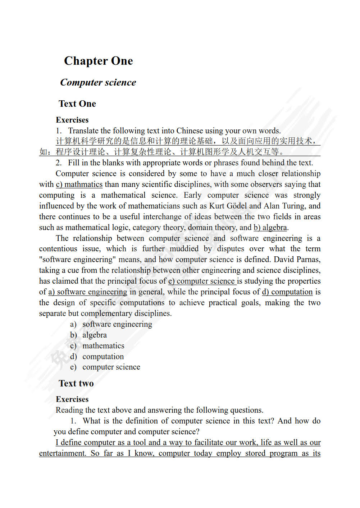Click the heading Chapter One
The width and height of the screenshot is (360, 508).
tap(98, 61)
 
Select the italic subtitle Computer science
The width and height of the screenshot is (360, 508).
tap(98, 82)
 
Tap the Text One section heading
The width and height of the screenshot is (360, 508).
tap(77, 104)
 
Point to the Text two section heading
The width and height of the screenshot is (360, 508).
tap(76, 383)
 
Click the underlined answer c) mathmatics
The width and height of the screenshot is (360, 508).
tap(79, 184)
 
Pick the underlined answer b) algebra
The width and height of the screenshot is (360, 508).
tap(270, 228)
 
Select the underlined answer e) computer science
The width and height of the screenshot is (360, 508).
tap(202, 281)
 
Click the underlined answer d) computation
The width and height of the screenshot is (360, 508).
tap(287, 292)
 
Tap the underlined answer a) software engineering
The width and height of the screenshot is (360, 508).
tap(88, 292)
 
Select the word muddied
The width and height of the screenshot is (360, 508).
tap(184, 249)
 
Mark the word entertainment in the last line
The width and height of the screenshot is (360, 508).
tap(62, 453)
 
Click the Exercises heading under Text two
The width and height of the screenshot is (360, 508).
tap(72, 399)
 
